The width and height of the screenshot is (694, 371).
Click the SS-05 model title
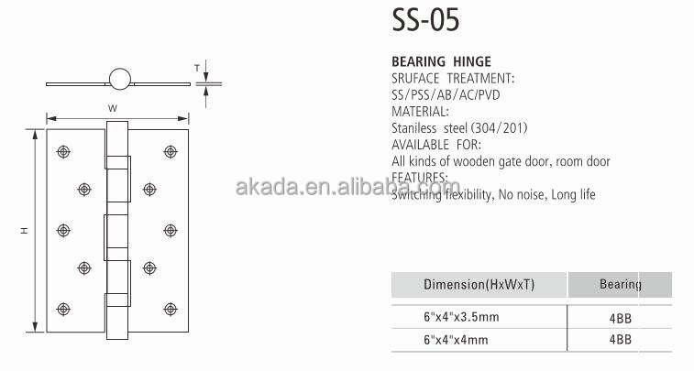(425, 20)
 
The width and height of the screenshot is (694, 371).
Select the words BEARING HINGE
(441, 61)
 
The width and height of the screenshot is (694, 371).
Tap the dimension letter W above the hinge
(113, 108)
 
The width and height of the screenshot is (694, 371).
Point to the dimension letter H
(25, 230)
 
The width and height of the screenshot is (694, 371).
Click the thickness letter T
(197, 68)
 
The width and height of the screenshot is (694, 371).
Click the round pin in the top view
(120, 79)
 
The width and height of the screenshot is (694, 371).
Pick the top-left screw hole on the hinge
(63, 152)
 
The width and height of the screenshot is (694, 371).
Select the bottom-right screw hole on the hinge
(171, 309)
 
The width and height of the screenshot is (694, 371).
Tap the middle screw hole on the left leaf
(63, 230)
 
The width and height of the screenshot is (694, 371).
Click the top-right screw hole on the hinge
(171, 152)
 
